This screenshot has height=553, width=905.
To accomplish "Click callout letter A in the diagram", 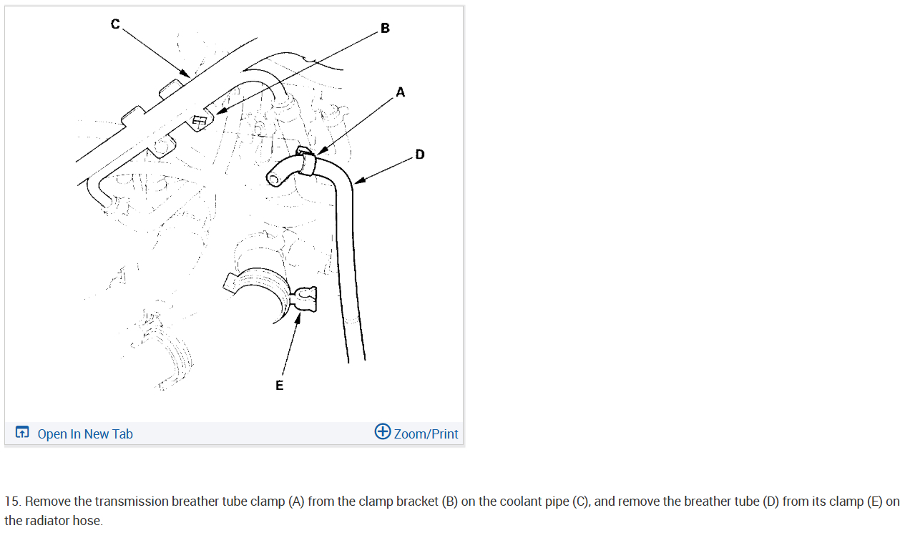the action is [x=400, y=92].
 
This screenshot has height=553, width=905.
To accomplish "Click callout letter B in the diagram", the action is [x=386, y=29].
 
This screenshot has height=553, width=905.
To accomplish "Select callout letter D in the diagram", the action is [x=419, y=154].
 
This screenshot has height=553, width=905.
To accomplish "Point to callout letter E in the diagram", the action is [x=279, y=386].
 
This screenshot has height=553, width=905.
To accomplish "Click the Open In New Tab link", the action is [x=84, y=434].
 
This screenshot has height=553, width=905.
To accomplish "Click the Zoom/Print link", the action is [x=426, y=434].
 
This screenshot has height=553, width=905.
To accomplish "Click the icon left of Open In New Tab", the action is [x=22, y=432].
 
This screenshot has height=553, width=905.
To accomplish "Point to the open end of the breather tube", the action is [x=273, y=177].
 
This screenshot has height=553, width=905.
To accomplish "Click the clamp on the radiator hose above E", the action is [x=303, y=300].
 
